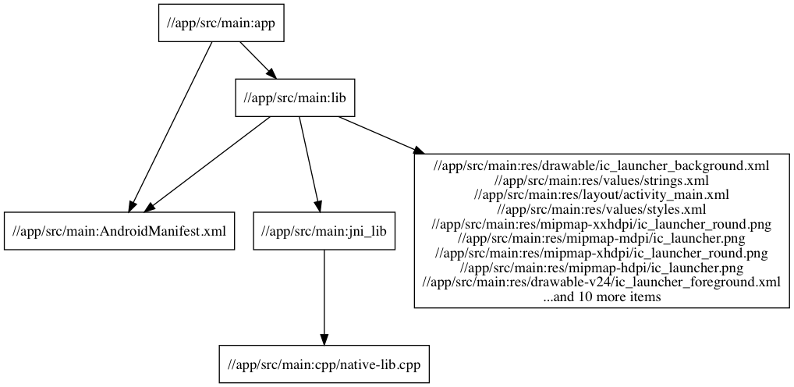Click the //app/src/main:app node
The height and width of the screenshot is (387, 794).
pyautogui.click(x=217, y=23)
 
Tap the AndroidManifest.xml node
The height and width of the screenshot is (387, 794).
pyautogui.click(x=119, y=231)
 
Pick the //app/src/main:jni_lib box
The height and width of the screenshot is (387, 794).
pyautogui.click(x=323, y=231)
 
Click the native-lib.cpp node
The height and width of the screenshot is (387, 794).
pyautogui.click(x=323, y=364)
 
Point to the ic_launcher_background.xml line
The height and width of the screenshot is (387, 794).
pyautogui.click(x=601, y=165)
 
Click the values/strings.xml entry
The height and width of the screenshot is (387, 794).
pyautogui.click(x=601, y=180)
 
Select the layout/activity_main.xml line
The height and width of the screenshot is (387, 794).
pyautogui.click(x=601, y=194)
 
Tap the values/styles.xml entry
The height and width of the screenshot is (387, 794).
pyautogui.click(x=601, y=209)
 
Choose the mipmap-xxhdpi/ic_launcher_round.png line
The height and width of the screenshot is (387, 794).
pyautogui.click(x=601, y=224)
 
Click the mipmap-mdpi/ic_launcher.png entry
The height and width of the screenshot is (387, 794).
pyautogui.click(x=601, y=238)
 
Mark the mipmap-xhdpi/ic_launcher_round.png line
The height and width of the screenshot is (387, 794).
pyautogui.click(x=601, y=253)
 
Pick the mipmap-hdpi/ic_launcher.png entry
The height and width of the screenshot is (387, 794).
pyautogui.click(x=601, y=268)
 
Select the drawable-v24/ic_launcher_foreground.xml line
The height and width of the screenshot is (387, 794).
pyautogui.click(x=601, y=282)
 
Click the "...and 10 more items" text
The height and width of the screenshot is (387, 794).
pyautogui.click(x=601, y=296)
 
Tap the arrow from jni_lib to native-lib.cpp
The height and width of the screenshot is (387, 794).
pyautogui.click(x=323, y=296)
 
